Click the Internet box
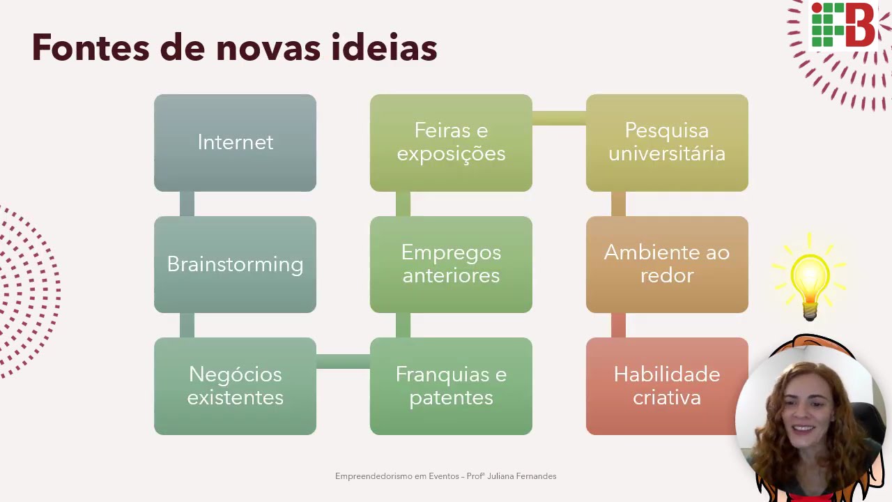coord(235,142)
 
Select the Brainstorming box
coord(235,264)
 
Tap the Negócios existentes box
coord(235,386)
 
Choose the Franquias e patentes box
coord(451,386)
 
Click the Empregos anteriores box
coord(451,264)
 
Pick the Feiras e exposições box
coord(451,142)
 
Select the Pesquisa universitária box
coord(667,142)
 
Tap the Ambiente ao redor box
coord(667,264)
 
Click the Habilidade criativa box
coord(667,386)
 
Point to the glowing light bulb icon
coord(810,279)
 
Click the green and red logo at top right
coord(843,25)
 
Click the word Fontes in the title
coord(90,48)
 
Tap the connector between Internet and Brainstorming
coord(187,204)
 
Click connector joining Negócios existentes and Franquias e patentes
coord(343,361)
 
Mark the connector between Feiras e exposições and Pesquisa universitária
coord(559,118)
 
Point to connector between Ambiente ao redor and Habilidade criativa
coord(618,325)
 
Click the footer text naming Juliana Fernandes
coord(445,476)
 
